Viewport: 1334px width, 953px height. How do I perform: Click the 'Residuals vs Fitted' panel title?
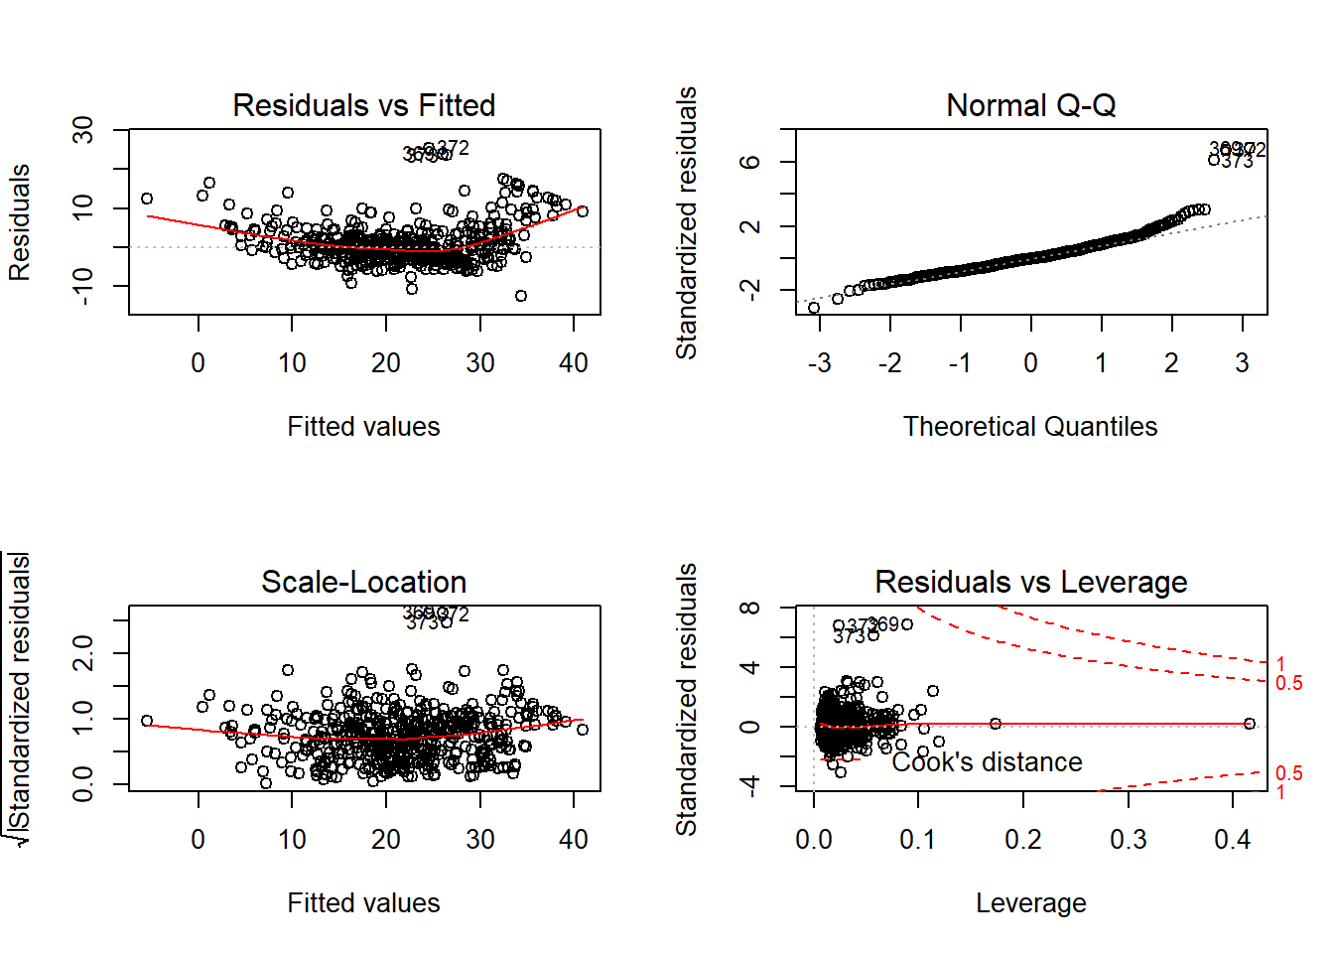363,105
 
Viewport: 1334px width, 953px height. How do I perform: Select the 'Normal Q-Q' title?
1030,105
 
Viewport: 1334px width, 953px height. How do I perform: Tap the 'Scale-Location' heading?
363,582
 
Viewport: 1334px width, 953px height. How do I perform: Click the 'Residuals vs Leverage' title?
1030,582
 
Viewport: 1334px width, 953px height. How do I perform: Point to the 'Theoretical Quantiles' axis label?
1030,427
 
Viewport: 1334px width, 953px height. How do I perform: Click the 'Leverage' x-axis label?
1030,903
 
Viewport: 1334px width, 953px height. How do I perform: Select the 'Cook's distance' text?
987,762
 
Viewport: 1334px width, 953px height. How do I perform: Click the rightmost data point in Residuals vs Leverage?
1249,724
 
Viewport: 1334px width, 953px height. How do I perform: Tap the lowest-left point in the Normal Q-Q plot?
814,308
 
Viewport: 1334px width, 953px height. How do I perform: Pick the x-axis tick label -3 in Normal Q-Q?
819,363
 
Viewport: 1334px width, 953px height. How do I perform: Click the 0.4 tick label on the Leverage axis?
1232,840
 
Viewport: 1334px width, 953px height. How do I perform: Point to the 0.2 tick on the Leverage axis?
1023,840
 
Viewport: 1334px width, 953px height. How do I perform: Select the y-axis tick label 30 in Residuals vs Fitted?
83,130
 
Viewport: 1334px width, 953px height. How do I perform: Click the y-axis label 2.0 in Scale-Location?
83,653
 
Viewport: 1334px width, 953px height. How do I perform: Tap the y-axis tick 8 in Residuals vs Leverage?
751,608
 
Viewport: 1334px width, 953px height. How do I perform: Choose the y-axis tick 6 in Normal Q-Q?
751,162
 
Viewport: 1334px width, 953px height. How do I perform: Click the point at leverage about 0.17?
995,724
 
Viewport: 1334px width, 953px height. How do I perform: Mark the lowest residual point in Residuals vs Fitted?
520,296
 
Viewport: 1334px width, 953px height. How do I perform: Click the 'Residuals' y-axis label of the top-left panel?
20,222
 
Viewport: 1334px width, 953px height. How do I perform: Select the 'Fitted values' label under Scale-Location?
363,903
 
